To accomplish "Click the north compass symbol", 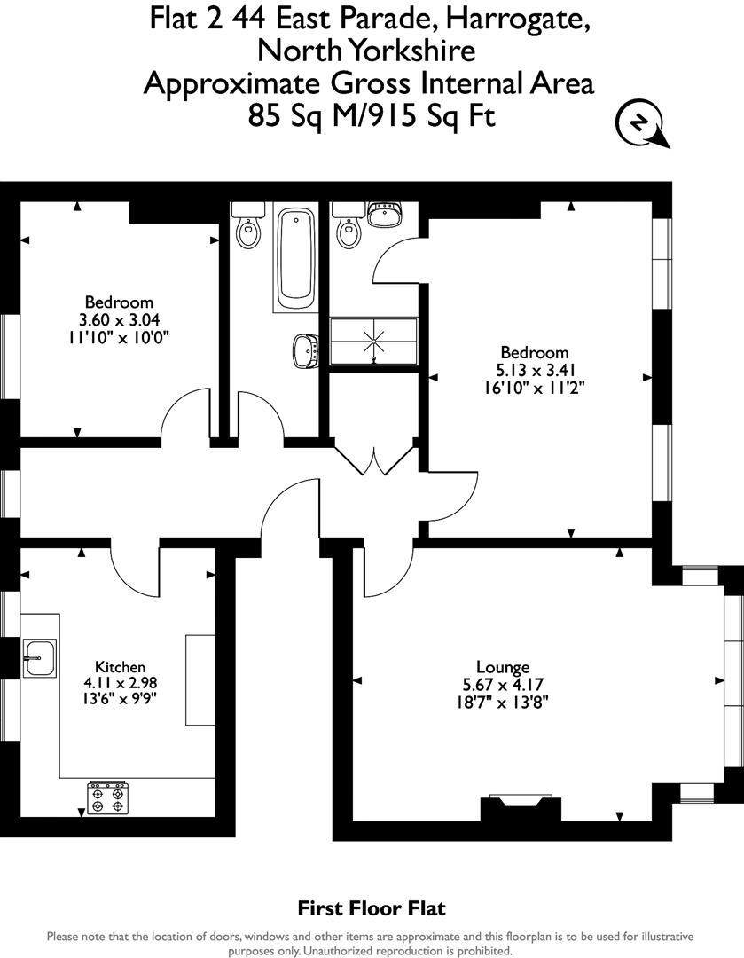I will [x=638, y=125].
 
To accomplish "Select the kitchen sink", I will [x=39, y=657].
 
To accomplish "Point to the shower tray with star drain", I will [x=373, y=341].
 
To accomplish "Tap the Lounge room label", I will [x=503, y=667].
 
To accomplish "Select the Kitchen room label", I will [x=120, y=667].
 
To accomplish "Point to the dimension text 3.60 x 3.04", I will [x=119, y=319].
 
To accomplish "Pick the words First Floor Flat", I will [x=372, y=908].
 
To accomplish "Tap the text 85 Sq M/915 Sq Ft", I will [x=372, y=116].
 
